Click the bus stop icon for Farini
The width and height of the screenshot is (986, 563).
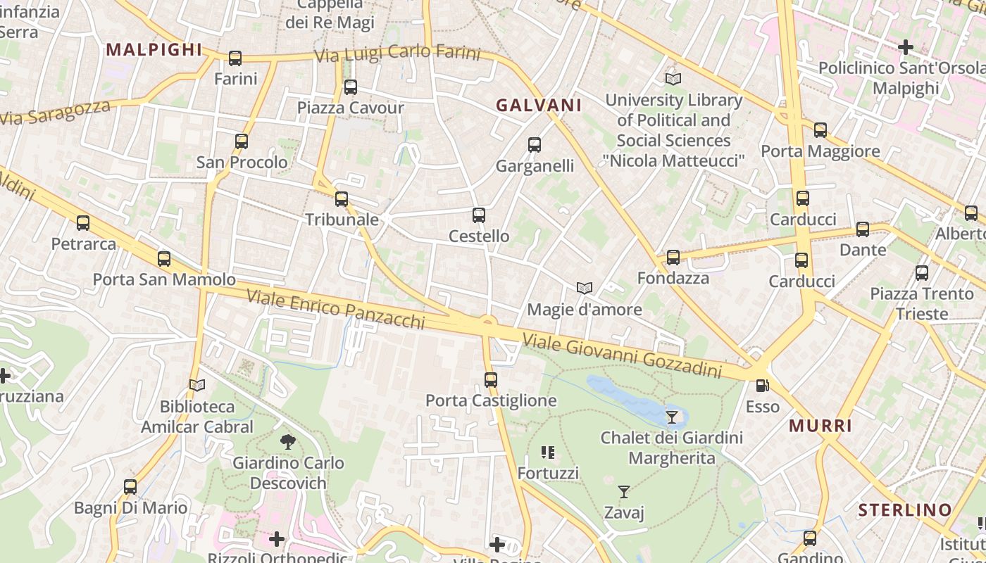point(235,58)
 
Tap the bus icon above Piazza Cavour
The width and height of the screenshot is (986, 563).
point(350,87)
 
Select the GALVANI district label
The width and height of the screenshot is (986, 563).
point(539,106)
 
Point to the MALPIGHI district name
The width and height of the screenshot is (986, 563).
point(154,50)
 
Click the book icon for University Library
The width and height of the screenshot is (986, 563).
point(673,80)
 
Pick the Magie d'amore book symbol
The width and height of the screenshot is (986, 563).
point(584,288)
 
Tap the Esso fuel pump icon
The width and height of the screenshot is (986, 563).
point(762,386)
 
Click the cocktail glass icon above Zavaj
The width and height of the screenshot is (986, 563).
point(624,492)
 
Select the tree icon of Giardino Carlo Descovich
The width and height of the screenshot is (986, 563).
point(287,442)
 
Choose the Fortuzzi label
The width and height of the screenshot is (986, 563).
point(548,473)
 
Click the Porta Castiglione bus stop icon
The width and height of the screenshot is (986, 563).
point(491,380)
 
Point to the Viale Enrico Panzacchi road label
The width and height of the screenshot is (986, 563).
point(335,309)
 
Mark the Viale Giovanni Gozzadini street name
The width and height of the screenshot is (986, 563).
point(622,357)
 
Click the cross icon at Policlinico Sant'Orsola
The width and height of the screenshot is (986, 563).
point(906,47)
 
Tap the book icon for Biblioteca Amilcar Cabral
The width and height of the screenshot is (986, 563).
point(197,386)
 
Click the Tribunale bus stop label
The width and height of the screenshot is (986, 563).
point(342,220)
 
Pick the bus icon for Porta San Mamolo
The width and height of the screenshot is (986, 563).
point(164,259)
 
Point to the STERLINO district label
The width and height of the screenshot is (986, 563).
point(905,510)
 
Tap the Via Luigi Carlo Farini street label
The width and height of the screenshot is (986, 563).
point(397,54)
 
